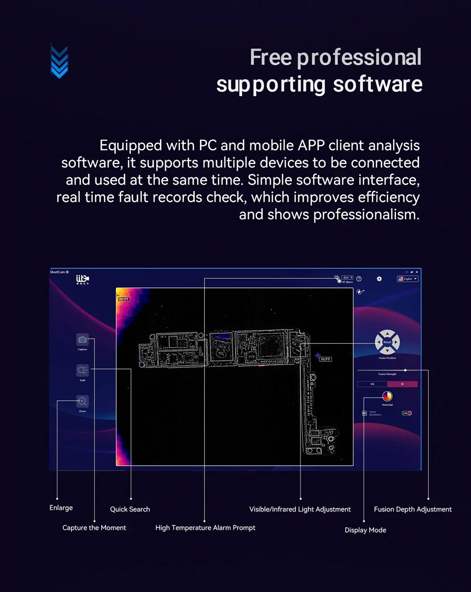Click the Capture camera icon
point(82,340)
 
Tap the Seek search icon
point(82,370)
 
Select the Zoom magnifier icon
point(82,401)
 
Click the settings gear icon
point(379,279)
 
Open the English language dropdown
point(408,279)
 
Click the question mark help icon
point(359,279)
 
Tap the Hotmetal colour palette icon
point(387,396)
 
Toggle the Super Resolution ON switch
point(407,413)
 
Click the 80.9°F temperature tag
point(124,299)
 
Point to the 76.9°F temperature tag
point(325,359)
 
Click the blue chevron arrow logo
point(59,61)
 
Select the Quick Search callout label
point(130,509)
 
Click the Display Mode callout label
point(365,530)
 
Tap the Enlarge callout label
point(61,508)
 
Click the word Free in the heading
point(271,57)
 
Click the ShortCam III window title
point(59,272)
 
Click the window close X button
point(417,272)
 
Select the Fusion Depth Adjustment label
point(413,509)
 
